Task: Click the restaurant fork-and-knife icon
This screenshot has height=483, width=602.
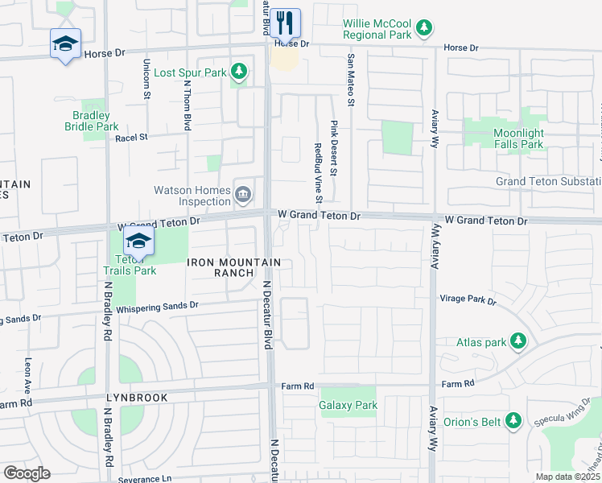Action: tap(285, 21)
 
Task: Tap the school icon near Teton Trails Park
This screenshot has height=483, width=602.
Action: tap(138, 241)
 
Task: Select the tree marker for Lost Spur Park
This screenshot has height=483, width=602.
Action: tap(238, 72)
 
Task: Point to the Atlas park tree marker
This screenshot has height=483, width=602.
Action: tap(518, 342)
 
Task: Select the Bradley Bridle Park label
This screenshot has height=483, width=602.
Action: tap(91, 121)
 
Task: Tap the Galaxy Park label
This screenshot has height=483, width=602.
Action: tap(348, 406)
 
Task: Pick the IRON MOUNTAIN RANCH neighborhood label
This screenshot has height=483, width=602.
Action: tap(234, 267)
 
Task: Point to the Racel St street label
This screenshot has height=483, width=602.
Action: tap(132, 138)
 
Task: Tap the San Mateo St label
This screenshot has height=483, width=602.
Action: tap(351, 80)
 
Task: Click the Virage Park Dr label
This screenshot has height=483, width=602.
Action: tap(468, 299)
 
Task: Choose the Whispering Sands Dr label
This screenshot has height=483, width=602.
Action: tap(157, 306)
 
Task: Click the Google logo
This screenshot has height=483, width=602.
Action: tap(27, 473)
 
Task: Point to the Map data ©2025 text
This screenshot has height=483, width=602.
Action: tap(567, 477)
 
